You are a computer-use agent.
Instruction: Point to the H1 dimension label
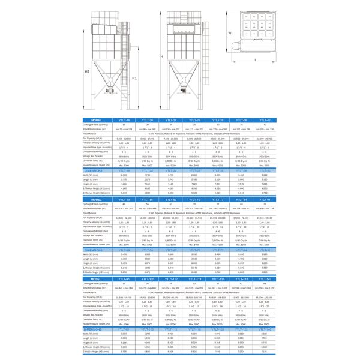(135, 77)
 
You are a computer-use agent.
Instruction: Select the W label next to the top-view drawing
(229, 34)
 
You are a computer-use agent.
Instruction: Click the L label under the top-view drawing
(255, 61)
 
